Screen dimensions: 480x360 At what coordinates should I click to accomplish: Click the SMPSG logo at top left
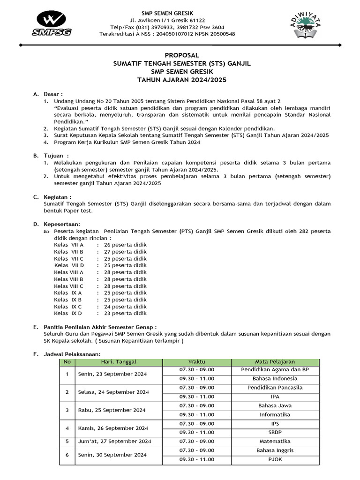48,24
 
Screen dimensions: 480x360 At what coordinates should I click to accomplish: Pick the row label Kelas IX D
68,313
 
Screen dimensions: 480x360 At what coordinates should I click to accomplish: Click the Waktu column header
196,362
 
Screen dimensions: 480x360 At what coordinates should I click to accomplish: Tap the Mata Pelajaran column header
275,362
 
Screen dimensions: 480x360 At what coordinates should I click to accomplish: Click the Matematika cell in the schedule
275,441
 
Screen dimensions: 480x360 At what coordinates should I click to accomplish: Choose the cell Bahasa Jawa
275,405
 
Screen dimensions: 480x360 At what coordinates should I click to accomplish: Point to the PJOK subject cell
275,459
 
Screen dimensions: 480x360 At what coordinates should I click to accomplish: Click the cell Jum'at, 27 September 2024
114,441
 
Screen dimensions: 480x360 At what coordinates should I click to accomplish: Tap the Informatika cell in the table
275,414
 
